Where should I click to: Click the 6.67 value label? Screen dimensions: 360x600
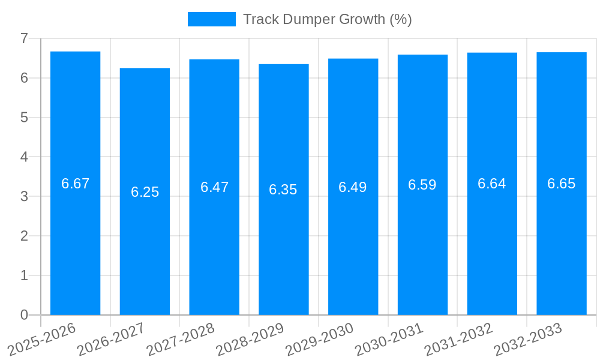coord(75,184)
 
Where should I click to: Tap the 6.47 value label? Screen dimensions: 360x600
coord(214,187)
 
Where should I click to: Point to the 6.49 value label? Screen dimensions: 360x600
coord(353,187)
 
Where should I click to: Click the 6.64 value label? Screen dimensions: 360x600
coord(492,184)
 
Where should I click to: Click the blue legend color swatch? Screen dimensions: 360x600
coord(212,19)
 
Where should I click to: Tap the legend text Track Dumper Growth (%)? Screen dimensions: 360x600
coord(327,19)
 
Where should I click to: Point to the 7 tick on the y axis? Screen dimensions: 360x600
coord(24,38)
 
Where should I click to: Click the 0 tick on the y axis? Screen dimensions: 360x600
coord(24,315)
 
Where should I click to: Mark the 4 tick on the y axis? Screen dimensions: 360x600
coord(24,157)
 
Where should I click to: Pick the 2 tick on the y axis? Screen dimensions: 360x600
coord(24,236)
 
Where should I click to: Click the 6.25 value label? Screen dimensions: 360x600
coord(145,192)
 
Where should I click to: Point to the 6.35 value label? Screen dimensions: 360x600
coord(283,190)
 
